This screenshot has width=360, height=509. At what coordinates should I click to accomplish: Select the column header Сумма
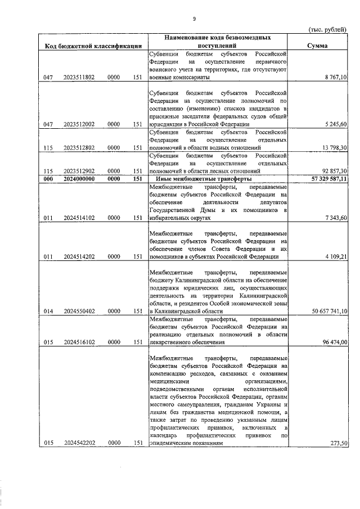tap(318, 46)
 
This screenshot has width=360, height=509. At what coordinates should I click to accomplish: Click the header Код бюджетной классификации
tap(93, 46)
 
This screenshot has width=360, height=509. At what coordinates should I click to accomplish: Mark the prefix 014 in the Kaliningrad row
tap(48, 311)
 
